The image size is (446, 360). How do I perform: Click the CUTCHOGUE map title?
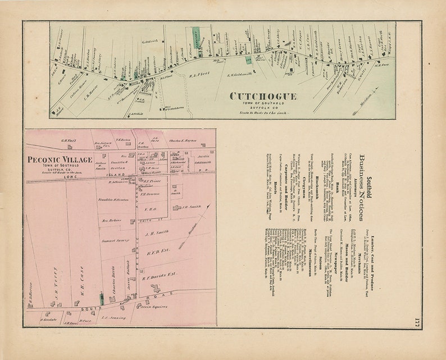262,96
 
